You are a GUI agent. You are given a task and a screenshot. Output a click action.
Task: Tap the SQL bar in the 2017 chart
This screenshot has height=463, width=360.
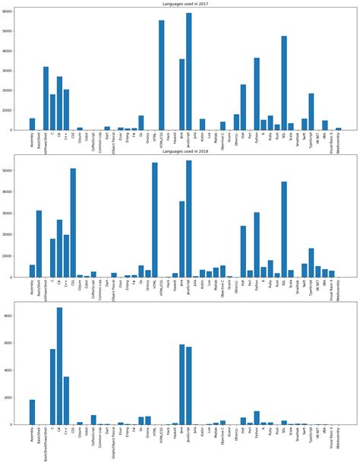pos(283,84)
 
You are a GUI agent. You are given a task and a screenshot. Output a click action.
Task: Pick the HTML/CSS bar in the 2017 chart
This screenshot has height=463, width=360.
pos(161,76)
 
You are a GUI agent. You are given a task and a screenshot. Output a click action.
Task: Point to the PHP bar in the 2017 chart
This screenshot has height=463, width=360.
pos(243,107)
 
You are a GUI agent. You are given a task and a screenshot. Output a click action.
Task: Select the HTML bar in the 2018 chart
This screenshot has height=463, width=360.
pos(155,220)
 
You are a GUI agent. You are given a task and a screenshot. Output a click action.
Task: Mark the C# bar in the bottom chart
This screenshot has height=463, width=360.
pos(59,366)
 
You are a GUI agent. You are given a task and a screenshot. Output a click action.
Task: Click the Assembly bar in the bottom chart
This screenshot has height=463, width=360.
pos(32,411)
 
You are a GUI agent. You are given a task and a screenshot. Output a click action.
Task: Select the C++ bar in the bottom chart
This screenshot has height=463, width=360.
pos(66,400)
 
